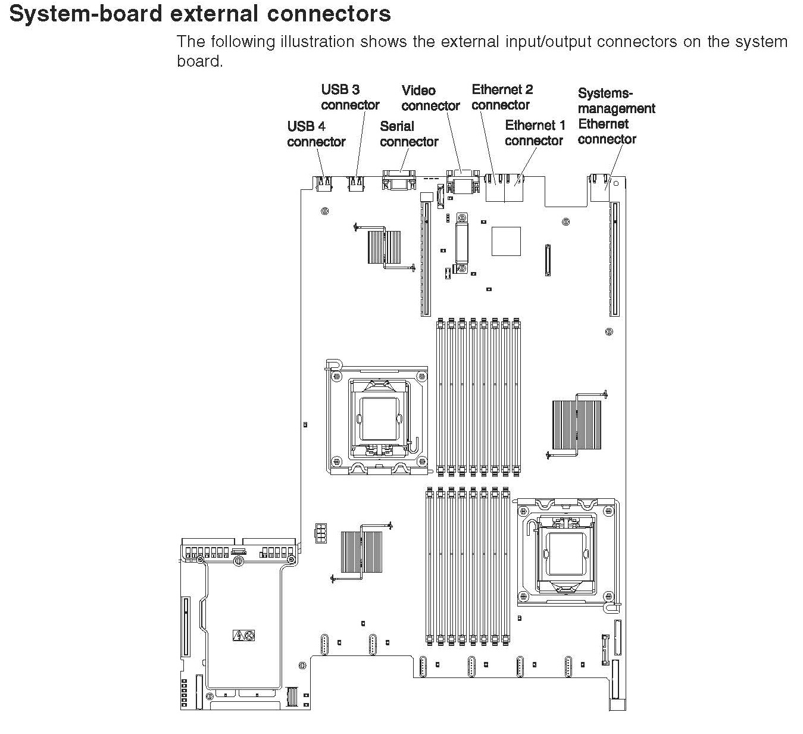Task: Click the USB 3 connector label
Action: tap(350, 98)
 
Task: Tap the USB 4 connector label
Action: tap(316, 134)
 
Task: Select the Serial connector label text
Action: tap(409, 134)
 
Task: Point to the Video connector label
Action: tap(430, 98)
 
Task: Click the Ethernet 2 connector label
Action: tap(502, 97)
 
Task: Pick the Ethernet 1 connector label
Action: tap(535, 133)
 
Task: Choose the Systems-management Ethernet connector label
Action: tap(608, 116)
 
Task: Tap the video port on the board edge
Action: tap(462, 180)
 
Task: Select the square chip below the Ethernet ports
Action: tap(506, 241)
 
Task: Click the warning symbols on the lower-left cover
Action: tap(243, 636)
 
